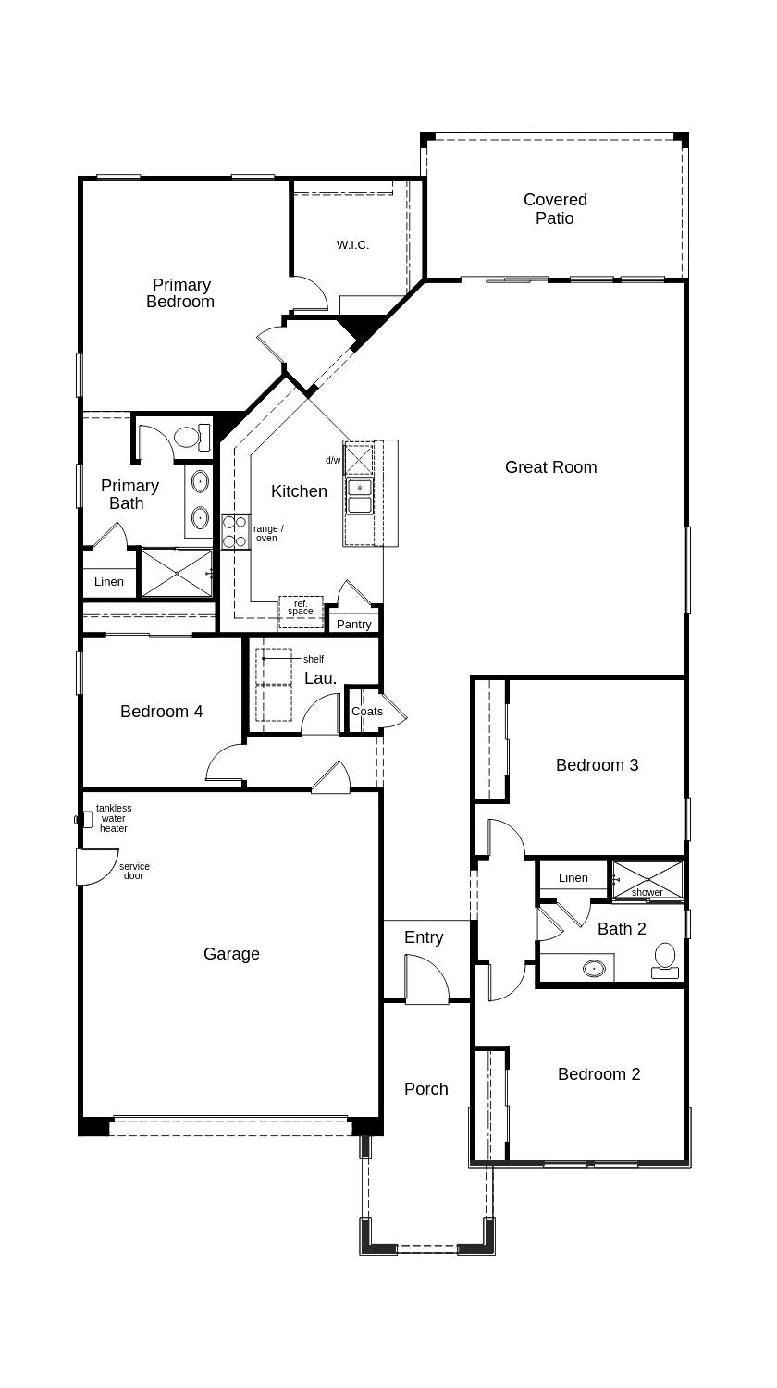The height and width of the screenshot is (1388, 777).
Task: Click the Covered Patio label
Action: click(555, 209)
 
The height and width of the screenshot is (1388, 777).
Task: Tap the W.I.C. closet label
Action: click(352, 245)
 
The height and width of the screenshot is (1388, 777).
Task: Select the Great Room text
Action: click(550, 467)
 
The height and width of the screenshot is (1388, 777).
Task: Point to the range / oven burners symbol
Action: click(235, 531)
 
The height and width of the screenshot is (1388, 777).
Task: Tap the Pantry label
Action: click(353, 625)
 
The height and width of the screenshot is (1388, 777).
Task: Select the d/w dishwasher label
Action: click(333, 460)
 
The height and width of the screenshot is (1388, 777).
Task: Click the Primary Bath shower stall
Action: click(176, 573)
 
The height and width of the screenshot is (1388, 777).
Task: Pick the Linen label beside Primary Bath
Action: click(109, 582)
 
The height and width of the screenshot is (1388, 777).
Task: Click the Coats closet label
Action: click(367, 712)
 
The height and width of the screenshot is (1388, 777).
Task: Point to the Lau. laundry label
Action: click(320, 678)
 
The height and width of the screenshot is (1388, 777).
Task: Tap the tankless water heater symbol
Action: click(85, 819)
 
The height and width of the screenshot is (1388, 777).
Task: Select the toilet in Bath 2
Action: click(665, 960)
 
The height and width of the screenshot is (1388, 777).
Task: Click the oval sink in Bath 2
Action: click(595, 969)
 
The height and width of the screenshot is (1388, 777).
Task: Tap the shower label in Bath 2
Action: click(647, 892)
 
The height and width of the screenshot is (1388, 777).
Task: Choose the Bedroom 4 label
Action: click(162, 712)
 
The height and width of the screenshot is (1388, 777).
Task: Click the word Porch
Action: click(426, 1089)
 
